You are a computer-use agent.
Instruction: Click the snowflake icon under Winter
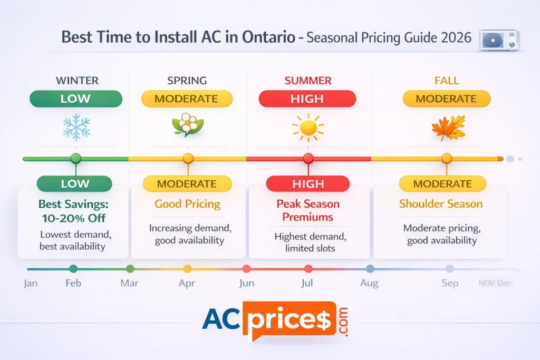coord(76,127)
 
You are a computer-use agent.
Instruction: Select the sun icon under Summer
coord(308,127)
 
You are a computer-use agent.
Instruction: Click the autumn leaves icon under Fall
coord(448,127)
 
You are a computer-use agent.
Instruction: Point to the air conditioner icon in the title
coord(499,40)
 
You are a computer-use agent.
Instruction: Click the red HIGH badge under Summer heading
coord(307,99)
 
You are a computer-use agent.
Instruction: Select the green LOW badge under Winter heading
coord(76,99)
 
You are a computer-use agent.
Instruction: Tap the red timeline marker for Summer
coord(308,158)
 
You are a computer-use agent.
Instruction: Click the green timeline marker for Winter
coord(76,158)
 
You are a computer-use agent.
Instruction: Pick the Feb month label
coord(73,283)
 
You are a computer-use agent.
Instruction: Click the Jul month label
coord(306,283)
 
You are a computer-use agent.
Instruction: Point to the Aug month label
coord(369,283)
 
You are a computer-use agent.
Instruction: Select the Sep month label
coord(449,283)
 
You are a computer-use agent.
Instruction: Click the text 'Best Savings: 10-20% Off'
coord(74,210)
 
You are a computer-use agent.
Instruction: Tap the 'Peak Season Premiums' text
coord(308,210)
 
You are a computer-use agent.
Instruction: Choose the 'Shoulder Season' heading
coord(441,204)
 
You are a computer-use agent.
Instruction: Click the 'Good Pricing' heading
coord(187,204)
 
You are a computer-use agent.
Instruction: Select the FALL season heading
coord(447,81)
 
